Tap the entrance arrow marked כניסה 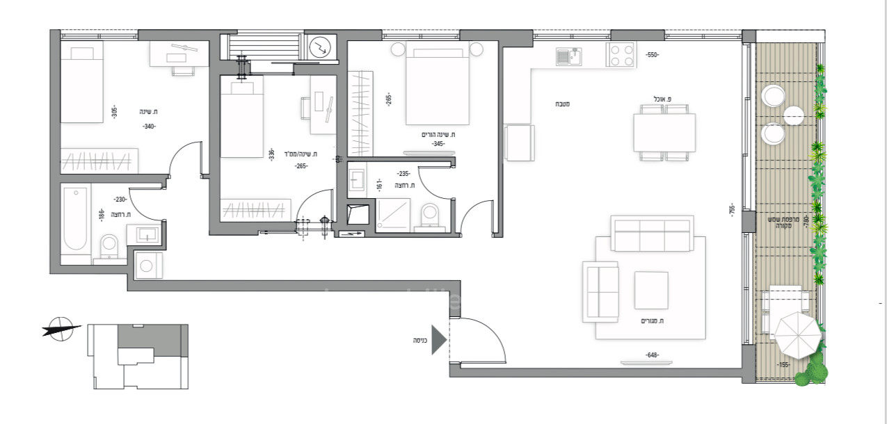point(438,340)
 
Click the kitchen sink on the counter point(570,56)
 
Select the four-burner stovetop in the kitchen point(621,55)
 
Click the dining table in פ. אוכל point(664,133)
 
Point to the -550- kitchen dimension point(651,54)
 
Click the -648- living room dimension point(651,355)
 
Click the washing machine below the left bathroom point(147,265)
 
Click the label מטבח point(563,104)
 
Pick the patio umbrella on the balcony point(797,334)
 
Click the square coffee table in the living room point(651,290)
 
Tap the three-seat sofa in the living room point(652,234)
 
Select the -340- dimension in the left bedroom point(149,127)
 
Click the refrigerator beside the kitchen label point(520,142)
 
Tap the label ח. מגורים point(651,321)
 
